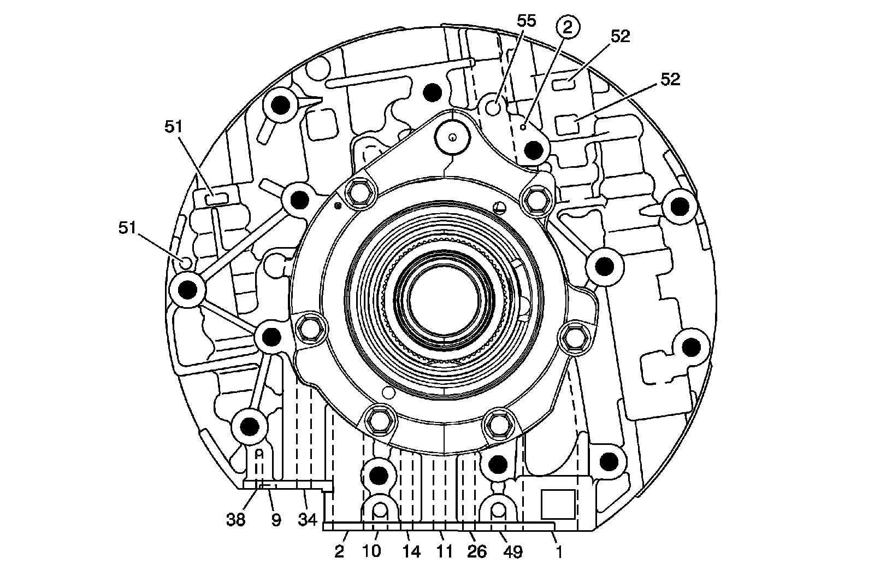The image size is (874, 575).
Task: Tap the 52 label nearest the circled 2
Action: (x=620, y=36)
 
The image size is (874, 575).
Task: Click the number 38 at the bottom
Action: (x=237, y=519)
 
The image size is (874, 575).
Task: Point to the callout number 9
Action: (x=276, y=520)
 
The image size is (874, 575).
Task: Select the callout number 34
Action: (x=308, y=519)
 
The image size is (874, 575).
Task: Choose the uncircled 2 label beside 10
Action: (x=339, y=551)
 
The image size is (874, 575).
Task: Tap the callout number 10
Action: (x=372, y=551)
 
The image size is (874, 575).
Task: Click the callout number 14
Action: (x=411, y=551)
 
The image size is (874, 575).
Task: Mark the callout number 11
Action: (x=445, y=551)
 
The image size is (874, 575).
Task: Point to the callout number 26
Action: (x=476, y=551)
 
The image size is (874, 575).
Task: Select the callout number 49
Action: (x=512, y=551)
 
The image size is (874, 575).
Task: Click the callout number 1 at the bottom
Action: (x=559, y=551)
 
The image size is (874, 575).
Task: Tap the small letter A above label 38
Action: (x=260, y=453)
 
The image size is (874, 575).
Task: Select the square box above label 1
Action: (x=558, y=504)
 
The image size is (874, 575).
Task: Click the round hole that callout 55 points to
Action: (x=493, y=107)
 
